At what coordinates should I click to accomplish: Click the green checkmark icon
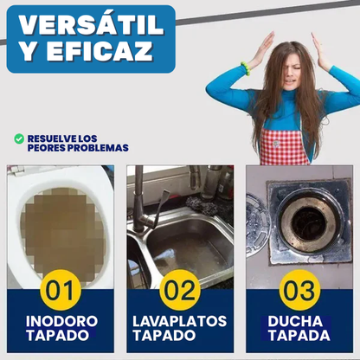[x=19, y=138]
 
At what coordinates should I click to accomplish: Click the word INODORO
[x=61, y=320]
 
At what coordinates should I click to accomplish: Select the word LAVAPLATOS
[x=180, y=320]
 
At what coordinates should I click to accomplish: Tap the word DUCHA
[x=299, y=320]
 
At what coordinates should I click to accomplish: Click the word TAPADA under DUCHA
[x=299, y=335]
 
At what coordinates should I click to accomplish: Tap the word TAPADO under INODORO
[x=61, y=335]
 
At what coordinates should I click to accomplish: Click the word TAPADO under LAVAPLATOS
[x=180, y=335]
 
